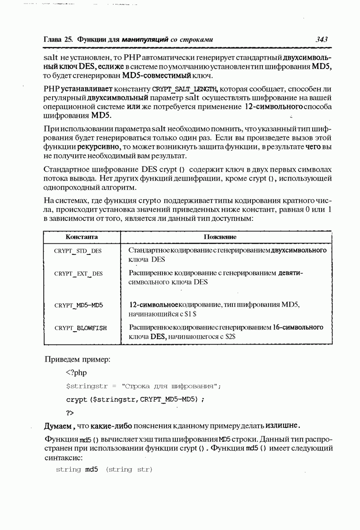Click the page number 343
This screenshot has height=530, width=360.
coord(322,40)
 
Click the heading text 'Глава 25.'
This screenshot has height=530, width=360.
coord(58,40)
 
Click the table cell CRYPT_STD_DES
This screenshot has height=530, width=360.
coord(78,251)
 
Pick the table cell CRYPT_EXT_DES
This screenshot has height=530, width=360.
coord(79,274)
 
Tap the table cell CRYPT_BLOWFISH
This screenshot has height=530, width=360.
coord(81,328)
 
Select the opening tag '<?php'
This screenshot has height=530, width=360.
coord(76,372)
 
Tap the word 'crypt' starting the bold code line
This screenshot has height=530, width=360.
coord(76,400)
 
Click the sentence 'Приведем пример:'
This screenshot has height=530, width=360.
coord(77,359)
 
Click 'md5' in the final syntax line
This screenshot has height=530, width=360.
coord(91,469)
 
